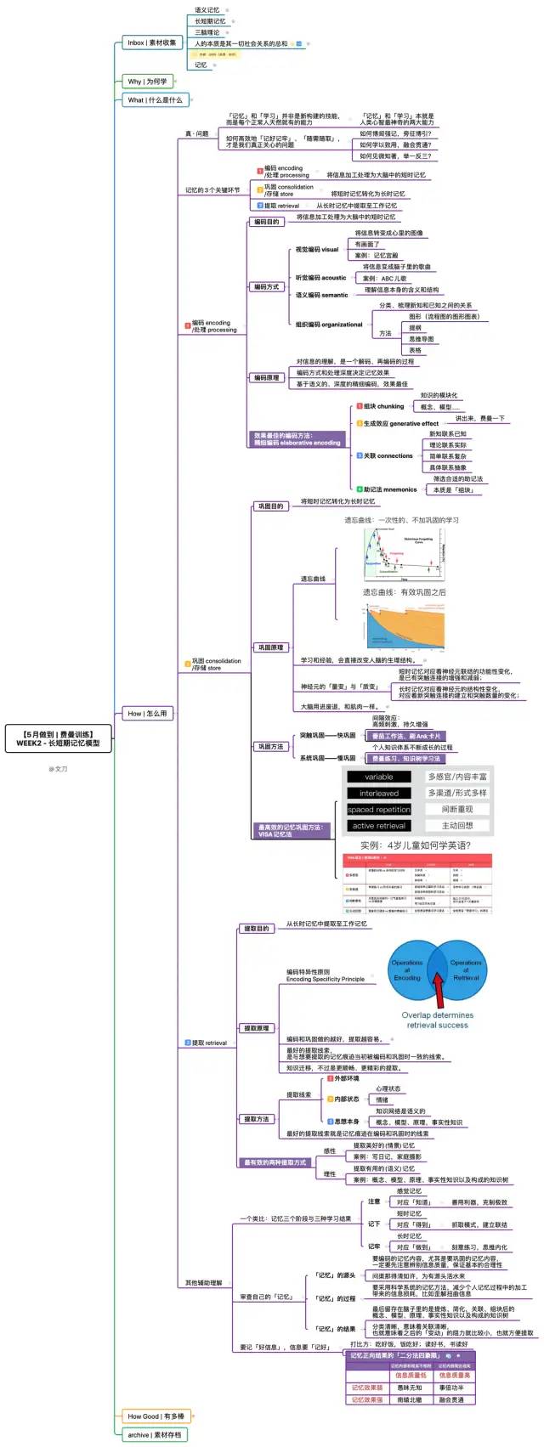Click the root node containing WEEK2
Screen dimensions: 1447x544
click(58, 738)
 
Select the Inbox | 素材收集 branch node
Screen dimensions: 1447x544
click(152, 42)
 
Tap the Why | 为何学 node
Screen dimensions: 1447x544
click(147, 82)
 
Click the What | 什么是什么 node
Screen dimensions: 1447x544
click(155, 99)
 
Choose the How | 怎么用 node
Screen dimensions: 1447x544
click(147, 713)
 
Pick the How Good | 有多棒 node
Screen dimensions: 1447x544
click(156, 1416)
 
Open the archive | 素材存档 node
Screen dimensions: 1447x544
click(154, 1434)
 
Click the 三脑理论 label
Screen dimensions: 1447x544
click(207, 32)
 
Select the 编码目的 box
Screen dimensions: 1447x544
click(266, 222)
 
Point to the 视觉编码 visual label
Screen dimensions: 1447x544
click(316, 250)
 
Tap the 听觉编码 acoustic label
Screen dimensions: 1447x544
click(320, 278)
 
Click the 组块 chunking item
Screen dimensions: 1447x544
click(383, 406)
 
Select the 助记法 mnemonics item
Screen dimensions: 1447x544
click(390, 489)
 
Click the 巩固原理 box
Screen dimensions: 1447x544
click(270, 647)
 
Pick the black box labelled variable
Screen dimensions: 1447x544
click(378, 777)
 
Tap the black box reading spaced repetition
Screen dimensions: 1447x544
click(378, 810)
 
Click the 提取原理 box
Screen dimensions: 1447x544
click(256, 1028)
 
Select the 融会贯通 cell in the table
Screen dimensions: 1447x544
click(451, 1399)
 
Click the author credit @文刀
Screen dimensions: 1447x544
click(58, 769)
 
